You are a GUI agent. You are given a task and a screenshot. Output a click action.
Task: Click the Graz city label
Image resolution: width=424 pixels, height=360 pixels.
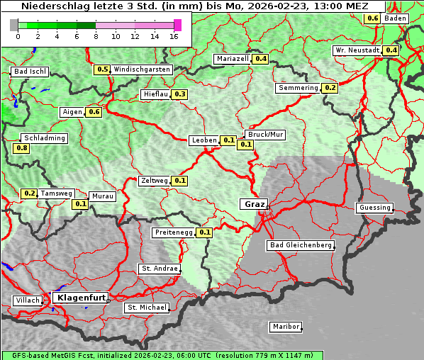[253, 204]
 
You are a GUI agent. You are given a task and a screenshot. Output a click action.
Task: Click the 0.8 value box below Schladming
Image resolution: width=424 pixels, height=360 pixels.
[21, 148]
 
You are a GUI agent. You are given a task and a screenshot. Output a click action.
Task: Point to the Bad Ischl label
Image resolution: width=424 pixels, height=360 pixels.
[30, 72]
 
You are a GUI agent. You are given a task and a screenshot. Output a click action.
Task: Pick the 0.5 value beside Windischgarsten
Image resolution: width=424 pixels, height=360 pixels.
[102, 69]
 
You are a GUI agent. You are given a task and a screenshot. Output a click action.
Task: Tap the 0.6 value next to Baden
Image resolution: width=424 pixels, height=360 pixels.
[372, 18]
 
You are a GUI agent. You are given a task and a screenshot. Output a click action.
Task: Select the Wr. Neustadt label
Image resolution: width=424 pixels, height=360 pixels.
[357, 50]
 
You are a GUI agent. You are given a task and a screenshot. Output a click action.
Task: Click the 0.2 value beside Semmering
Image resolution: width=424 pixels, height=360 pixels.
[329, 88]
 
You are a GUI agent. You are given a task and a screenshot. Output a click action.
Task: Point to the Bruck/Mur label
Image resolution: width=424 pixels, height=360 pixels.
[264, 134]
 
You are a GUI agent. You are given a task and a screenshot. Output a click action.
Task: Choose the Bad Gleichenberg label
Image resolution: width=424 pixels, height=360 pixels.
[300, 245]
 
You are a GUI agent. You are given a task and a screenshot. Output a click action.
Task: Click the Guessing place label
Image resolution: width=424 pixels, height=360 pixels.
[374, 208]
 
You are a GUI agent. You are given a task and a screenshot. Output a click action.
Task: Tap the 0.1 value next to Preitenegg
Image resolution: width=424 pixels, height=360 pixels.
[205, 232]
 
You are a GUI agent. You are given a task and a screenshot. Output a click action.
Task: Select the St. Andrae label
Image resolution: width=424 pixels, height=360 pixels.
[159, 269]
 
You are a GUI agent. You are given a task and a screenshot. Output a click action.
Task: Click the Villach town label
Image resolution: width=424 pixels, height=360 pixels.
[27, 300]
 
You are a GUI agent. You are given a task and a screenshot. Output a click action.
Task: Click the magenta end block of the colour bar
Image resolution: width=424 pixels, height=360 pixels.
[177, 25]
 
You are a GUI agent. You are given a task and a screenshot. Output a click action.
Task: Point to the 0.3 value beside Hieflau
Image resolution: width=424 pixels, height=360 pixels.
[179, 94]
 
